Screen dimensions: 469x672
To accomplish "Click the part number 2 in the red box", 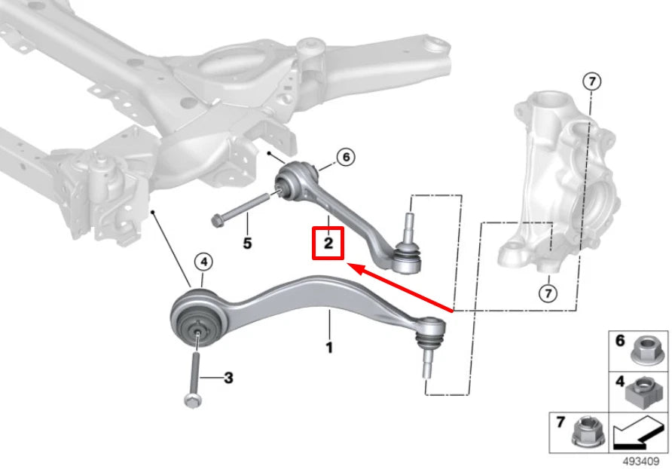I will (x=328, y=245).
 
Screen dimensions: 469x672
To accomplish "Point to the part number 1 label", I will (x=328, y=348).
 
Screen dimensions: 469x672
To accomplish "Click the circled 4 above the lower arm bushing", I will (x=203, y=262).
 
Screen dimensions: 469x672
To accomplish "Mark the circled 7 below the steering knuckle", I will (x=548, y=291).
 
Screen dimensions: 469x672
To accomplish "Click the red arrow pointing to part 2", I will (x=399, y=287).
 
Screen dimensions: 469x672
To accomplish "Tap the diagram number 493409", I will (x=642, y=461).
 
